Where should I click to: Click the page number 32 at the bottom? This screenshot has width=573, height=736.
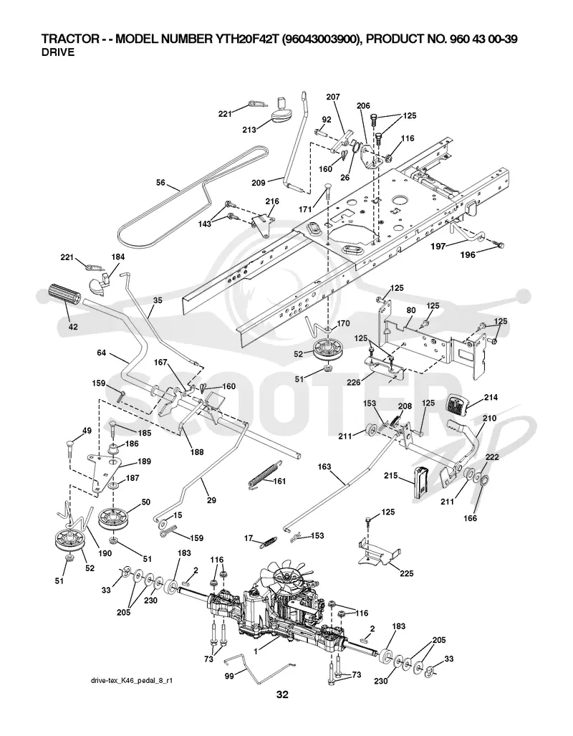click(x=282, y=694)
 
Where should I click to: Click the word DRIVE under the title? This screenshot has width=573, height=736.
click(x=58, y=52)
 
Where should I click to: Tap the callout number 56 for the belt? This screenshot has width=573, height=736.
click(x=161, y=183)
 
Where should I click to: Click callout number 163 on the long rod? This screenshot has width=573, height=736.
click(x=324, y=467)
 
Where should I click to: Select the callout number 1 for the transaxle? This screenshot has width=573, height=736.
click(x=255, y=651)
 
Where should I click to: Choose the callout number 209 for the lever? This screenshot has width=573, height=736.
click(x=259, y=183)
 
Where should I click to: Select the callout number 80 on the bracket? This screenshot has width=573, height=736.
click(x=410, y=310)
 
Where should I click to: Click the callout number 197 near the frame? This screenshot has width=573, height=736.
click(x=439, y=245)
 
